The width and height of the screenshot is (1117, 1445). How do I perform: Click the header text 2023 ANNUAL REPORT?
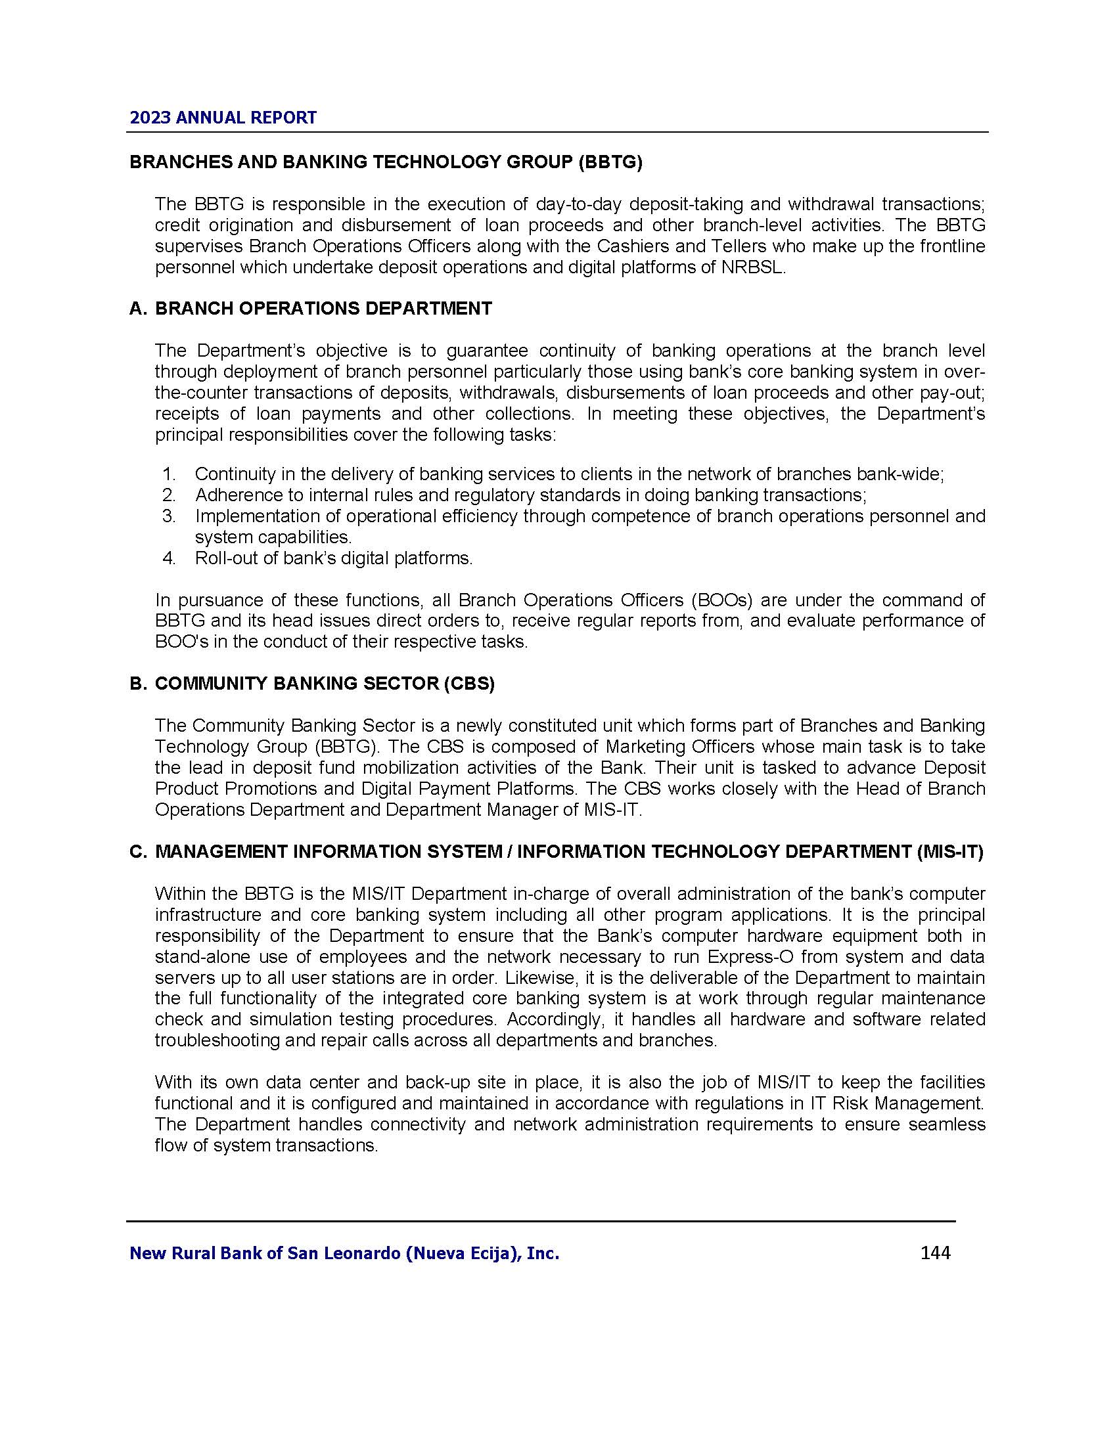[223, 118]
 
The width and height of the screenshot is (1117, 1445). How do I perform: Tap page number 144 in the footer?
[935, 1253]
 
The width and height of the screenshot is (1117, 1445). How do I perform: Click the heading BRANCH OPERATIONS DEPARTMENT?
[323, 309]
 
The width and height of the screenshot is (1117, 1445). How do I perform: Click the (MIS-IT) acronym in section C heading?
[950, 852]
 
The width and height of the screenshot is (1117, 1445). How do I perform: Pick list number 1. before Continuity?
[169, 474]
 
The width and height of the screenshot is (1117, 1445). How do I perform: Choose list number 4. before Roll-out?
[169, 558]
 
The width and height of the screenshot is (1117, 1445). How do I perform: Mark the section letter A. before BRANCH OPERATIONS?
[138, 309]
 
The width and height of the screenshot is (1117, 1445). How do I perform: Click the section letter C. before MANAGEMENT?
[138, 852]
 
